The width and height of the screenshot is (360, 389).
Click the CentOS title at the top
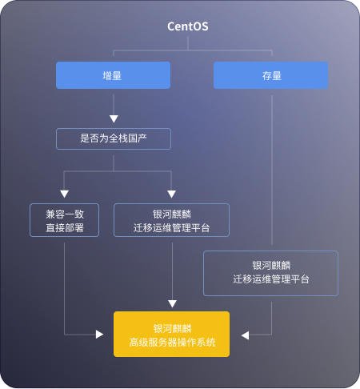click(188, 26)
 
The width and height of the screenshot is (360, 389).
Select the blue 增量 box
click(113, 75)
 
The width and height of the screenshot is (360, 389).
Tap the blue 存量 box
click(270, 75)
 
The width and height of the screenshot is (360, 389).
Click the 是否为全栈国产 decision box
click(114, 138)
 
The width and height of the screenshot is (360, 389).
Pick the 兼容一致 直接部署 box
click(64, 220)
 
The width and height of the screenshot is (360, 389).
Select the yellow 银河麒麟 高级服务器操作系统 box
click(171, 334)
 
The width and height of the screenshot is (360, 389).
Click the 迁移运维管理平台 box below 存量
click(270, 273)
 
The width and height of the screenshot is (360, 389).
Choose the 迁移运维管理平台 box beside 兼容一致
click(171, 220)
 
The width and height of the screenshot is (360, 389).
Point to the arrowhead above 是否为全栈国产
click(114, 119)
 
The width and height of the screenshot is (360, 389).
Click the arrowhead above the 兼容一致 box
click(64, 194)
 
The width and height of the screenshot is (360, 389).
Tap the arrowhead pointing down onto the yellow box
click(172, 303)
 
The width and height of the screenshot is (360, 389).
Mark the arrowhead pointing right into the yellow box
click(99, 335)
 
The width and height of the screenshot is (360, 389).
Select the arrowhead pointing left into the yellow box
click(245, 335)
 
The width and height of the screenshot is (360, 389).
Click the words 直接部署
click(65, 228)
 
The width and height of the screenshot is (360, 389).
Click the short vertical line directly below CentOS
click(188, 43)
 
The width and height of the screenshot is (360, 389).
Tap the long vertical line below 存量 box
click(272, 170)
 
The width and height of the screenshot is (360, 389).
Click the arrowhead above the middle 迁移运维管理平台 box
click(171, 194)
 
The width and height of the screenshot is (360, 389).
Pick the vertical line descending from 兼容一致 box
click(64, 288)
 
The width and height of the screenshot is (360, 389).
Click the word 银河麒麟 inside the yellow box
click(172, 329)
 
